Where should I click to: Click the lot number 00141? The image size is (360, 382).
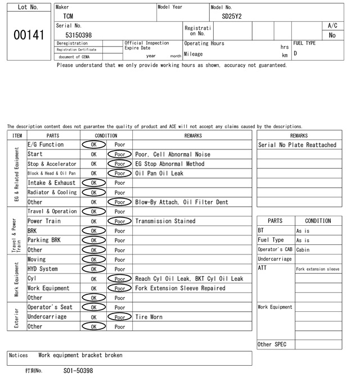click(x=28, y=35)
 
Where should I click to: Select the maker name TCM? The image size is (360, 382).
click(x=68, y=16)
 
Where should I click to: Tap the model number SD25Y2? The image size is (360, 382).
click(x=232, y=16)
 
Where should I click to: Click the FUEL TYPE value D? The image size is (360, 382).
click(x=295, y=53)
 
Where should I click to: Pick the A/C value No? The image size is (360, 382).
click(x=332, y=35)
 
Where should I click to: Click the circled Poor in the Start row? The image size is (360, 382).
click(x=119, y=154)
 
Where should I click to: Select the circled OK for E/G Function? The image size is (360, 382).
click(x=94, y=145)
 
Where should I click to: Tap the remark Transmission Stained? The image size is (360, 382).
click(x=165, y=221)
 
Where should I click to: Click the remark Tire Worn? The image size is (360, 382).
click(x=148, y=317)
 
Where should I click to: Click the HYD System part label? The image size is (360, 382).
click(x=43, y=269)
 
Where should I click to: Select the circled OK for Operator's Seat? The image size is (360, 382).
click(x=94, y=307)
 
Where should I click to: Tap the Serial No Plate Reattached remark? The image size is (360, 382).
click(x=297, y=145)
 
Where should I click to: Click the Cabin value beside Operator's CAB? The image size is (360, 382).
click(x=303, y=250)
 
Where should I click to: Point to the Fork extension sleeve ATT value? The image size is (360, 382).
click(x=318, y=269)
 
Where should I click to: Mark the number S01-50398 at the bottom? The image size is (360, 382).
click(x=78, y=371)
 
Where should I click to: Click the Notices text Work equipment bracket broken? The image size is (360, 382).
click(x=80, y=356)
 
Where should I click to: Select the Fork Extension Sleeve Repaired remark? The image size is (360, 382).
click(x=180, y=288)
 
